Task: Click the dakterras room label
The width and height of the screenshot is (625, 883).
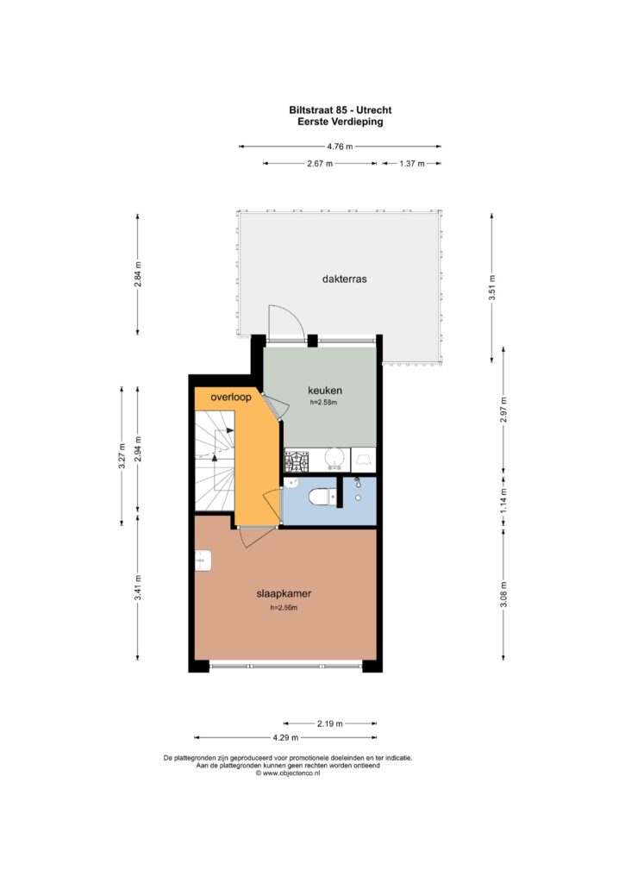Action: pos(344,279)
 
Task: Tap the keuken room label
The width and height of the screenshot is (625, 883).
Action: pos(325,391)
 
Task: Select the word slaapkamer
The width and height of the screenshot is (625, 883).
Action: pos(284,593)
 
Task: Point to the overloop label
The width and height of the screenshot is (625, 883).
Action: pos(231,397)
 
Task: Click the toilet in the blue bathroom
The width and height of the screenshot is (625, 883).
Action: pos(322,497)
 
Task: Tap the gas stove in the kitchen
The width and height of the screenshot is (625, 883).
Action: pos(297,462)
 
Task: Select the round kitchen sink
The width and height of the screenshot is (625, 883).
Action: pos(334,459)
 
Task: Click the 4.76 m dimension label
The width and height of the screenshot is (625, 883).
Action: pos(341,147)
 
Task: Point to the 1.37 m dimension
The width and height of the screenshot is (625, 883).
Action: pos(411,164)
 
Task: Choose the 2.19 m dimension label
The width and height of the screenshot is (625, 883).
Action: pos(330,723)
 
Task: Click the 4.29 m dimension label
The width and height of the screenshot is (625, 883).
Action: pos(285,737)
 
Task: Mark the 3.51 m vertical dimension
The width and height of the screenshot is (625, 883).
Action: pos(491,288)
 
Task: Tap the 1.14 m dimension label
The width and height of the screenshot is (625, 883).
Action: pos(503,499)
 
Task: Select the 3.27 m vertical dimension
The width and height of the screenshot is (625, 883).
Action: pos(122,455)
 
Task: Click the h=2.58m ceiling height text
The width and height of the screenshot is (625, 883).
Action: pos(323,403)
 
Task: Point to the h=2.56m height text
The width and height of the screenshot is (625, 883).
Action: pos(284,608)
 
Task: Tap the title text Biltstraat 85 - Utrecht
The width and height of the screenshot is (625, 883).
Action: pos(341,110)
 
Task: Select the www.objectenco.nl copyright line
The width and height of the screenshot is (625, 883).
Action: pos(288,773)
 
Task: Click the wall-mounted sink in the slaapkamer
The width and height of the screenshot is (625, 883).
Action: pos(203,560)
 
